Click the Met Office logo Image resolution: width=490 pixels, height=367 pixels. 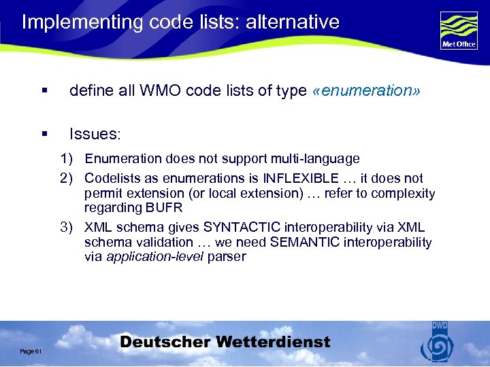coord(459,31)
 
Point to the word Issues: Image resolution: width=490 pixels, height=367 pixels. coord(95,134)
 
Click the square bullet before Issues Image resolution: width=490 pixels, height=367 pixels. coord(44,135)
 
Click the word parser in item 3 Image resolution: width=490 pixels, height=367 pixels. coord(227,257)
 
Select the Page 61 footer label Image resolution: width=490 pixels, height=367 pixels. coord(31,351)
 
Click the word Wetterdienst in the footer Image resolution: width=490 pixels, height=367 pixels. coord(276,342)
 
